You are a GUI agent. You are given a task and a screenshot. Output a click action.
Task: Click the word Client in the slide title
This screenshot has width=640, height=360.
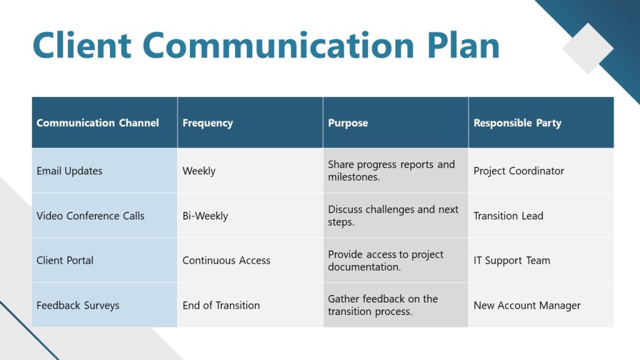pyautogui.click(x=82, y=46)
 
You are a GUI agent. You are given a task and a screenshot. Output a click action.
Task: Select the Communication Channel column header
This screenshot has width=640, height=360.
pyautogui.click(x=97, y=123)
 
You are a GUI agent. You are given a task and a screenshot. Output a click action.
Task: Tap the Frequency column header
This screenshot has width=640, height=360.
pyautogui.click(x=207, y=123)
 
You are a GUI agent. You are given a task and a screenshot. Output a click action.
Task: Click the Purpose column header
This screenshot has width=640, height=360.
pyautogui.click(x=348, y=123)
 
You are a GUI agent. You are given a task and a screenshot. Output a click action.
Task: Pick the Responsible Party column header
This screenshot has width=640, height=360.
pyautogui.click(x=517, y=123)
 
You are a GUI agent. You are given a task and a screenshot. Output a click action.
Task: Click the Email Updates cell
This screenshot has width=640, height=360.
pyautogui.click(x=69, y=171)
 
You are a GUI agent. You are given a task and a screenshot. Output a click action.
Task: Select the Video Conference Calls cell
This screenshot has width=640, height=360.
pyautogui.click(x=91, y=216)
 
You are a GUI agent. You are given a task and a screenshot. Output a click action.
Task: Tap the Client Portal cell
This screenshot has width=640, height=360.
pyautogui.click(x=65, y=261)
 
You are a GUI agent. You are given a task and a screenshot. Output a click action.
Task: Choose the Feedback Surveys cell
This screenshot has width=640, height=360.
pyautogui.click(x=78, y=306)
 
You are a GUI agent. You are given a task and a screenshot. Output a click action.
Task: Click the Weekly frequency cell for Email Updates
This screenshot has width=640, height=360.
pyautogui.click(x=199, y=171)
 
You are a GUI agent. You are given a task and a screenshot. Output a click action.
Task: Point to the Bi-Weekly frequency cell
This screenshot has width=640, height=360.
pyautogui.click(x=205, y=216)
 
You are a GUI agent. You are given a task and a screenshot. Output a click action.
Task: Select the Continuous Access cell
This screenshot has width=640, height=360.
pyautogui.click(x=226, y=261)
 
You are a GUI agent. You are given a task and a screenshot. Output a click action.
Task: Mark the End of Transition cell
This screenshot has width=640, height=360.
pyautogui.click(x=221, y=306)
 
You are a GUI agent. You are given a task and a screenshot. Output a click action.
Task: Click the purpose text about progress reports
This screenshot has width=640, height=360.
pyautogui.click(x=391, y=171)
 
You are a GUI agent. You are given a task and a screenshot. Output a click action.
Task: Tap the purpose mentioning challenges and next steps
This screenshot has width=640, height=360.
pyautogui.click(x=393, y=216)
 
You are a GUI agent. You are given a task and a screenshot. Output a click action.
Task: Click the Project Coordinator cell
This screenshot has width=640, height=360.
pyautogui.click(x=519, y=171)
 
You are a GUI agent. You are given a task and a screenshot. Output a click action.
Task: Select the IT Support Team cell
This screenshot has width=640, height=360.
pyautogui.click(x=512, y=261)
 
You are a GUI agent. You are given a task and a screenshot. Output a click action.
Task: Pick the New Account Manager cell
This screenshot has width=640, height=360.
pyautogui.click(x=527, y=306)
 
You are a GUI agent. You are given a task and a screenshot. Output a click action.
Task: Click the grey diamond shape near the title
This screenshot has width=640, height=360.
pyautogui.click(x=587, y=48)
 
